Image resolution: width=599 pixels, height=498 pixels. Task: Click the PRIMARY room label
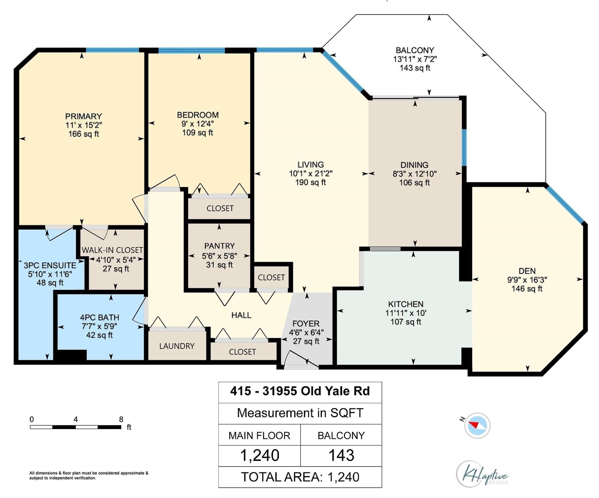83,116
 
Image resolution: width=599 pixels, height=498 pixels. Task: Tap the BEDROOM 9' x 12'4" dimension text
198,124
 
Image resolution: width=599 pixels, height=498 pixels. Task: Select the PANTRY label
219,246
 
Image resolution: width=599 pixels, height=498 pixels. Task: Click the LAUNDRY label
177,346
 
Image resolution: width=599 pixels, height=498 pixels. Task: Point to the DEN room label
527,271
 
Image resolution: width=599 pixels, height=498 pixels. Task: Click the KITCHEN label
406,304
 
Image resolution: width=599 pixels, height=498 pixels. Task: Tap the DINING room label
414,165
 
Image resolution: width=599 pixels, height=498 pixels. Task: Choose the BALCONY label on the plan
415,50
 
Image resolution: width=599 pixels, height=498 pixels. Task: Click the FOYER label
306,324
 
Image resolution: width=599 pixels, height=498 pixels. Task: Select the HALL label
241,315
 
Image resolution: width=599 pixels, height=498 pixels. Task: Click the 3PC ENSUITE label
50,265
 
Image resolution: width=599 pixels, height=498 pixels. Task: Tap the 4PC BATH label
100,318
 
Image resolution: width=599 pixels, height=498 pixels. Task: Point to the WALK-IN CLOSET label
112,250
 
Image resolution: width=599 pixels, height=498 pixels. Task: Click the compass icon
477,425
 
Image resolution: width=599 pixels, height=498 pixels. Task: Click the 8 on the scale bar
121,419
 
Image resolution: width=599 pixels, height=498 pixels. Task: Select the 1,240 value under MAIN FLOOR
259,455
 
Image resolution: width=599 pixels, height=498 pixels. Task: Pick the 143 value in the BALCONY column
341,455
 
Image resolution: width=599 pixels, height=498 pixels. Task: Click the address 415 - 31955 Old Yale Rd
300,391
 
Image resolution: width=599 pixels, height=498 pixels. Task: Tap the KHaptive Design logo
482,474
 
